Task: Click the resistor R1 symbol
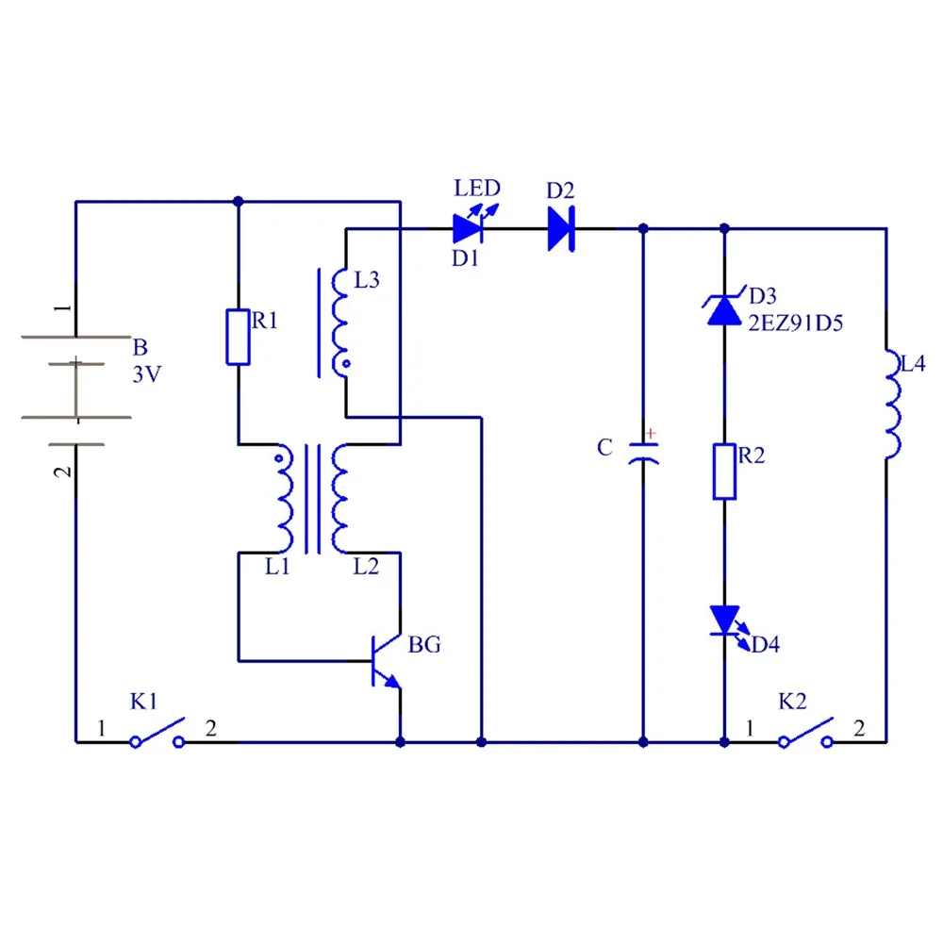tap(238, 337)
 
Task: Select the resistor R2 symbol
tap(724, 471)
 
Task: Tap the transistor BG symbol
tap(387, 660)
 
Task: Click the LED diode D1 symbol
tap(467, 228)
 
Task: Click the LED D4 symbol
tap(724, 620)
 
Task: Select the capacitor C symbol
tap(643, 451)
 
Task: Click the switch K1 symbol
tap(157, 734)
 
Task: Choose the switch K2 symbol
tap(804, 734)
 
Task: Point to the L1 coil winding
tap(283, 500)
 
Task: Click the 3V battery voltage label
tap(147, 373)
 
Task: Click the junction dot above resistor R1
tap(238, 201)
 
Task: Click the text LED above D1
tap(477, 188)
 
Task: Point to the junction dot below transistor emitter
tap(401, 742)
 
